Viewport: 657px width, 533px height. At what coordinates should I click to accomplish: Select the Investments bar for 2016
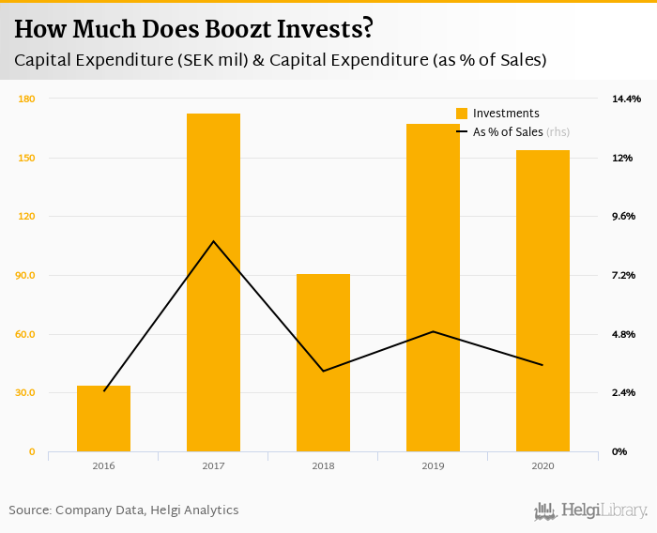[x=103, y=419]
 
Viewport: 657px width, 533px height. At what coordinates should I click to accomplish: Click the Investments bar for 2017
[x=213, y=282]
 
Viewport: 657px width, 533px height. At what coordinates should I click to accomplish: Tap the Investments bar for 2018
[x=323, y=362]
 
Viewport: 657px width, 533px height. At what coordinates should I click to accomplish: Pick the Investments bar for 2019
[x=433, y=287]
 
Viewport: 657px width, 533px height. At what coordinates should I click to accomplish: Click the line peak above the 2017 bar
[x=213, y=242]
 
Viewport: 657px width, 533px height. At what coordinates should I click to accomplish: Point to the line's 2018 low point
[x=323, y=371]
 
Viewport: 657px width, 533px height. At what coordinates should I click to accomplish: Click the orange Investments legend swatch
[x=462, y=114]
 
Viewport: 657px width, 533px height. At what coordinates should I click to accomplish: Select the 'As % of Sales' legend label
[x=508, y=132]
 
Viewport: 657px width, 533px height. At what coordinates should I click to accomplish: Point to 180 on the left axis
[x=26, y=99]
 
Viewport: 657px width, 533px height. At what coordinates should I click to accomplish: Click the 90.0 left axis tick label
[x=25, y=275]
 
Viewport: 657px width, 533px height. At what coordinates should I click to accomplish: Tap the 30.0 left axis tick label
[x=25, y=393]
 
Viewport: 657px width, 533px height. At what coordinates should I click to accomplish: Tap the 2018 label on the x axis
[x=323, y=465]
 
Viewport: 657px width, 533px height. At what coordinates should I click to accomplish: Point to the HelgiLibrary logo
[x=590, y=511]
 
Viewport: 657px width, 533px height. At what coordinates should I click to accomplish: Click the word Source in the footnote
[x=29, y=510]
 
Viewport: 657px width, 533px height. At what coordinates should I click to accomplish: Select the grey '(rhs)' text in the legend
[x=558, y=132]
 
